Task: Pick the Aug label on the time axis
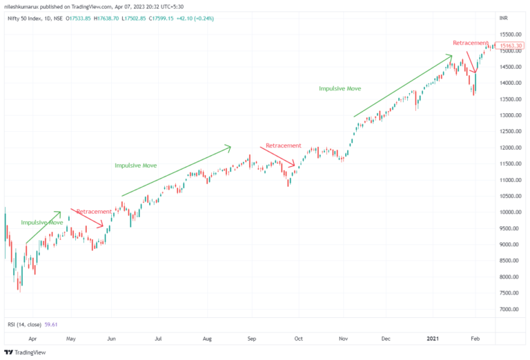[207, 339]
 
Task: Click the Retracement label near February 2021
[471, 43]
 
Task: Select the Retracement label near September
[284, 146]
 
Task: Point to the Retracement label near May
[94, 211]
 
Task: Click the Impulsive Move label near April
[42, 223]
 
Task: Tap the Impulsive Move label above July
[135, 166]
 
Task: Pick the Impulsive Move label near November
[340, 89]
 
